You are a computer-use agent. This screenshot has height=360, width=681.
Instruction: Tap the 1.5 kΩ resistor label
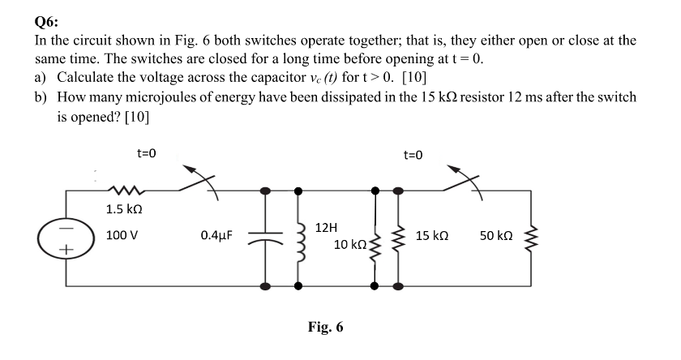point(126,209)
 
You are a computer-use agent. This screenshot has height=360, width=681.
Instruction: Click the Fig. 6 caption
point(325,328)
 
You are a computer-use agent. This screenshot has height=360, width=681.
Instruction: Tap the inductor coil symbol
point(299,238)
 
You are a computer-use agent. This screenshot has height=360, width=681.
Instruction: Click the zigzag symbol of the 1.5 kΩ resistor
point(126,191)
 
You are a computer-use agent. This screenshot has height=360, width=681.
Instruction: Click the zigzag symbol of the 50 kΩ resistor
point(533,238)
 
